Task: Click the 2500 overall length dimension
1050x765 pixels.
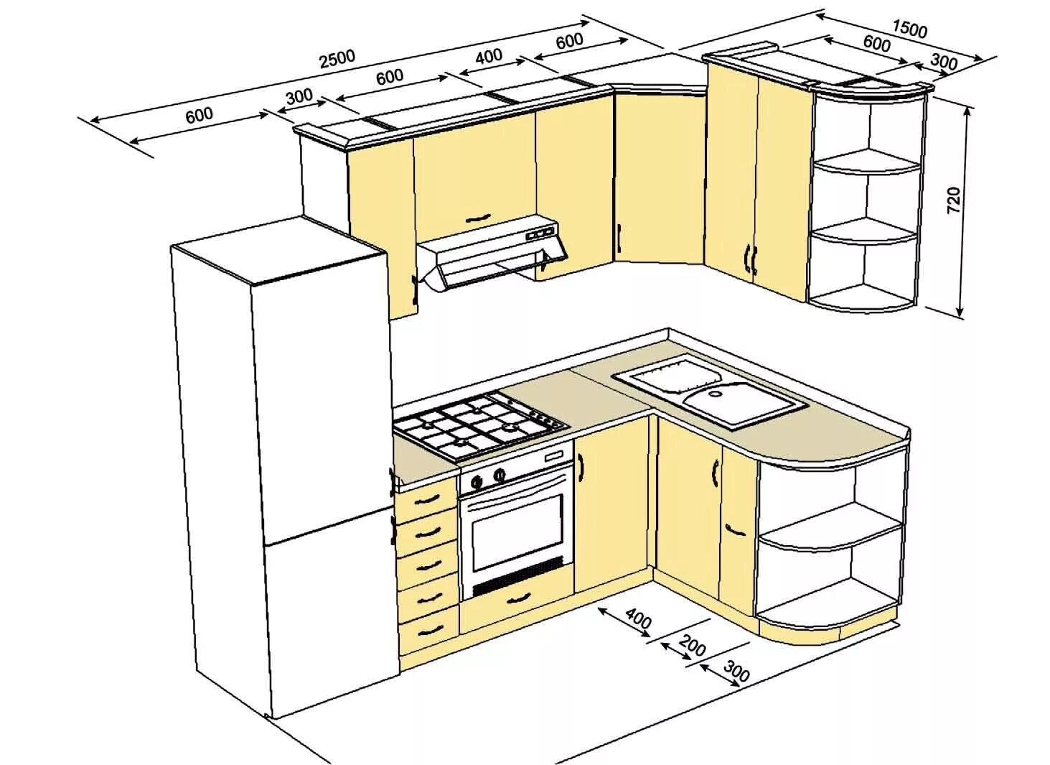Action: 337,57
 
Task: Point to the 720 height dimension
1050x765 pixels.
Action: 953,200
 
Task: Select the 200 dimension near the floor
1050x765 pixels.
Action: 692,646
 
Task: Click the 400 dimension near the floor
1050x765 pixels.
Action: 638,618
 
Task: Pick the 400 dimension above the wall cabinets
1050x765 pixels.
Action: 489,56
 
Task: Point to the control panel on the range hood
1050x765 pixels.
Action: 541,233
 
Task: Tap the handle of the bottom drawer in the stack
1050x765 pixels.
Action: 429,629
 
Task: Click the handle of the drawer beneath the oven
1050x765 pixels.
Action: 517,598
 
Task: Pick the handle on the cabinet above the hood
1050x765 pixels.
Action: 477,218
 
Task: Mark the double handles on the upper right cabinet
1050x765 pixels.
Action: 751,259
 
